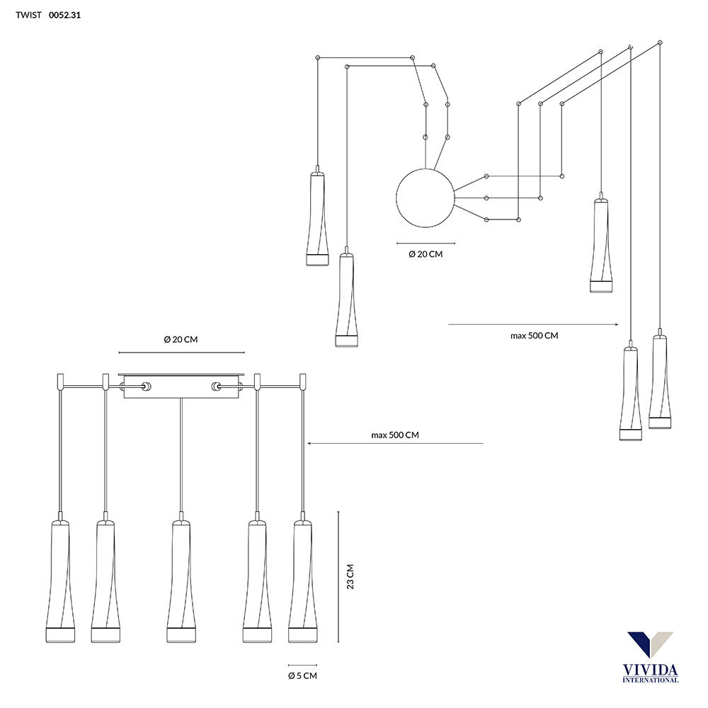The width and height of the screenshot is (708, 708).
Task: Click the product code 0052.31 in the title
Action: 64,15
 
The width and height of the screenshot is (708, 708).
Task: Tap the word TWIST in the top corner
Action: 28,15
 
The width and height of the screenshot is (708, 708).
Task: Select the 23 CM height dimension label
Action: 350,576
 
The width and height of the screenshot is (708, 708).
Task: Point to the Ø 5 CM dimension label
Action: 302,676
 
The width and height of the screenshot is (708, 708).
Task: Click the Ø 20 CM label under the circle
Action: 426,254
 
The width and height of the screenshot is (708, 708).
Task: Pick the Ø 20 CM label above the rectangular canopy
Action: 181,340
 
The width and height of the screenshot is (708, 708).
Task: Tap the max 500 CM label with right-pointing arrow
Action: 534,336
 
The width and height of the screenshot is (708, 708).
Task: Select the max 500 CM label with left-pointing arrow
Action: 395,435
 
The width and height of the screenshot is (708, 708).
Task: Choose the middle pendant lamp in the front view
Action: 181,577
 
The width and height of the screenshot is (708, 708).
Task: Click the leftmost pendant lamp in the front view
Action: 60,577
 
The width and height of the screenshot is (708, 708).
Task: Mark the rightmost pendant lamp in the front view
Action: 302,577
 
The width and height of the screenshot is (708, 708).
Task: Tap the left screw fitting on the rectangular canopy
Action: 147,387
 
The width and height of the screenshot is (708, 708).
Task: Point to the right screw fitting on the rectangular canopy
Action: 216,387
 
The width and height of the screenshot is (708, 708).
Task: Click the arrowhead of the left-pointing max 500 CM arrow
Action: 310,443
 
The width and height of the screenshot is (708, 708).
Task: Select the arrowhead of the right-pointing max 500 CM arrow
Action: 616,324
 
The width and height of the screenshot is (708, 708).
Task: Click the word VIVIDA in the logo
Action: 650,670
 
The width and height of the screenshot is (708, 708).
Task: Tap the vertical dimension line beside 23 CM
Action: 338,576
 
